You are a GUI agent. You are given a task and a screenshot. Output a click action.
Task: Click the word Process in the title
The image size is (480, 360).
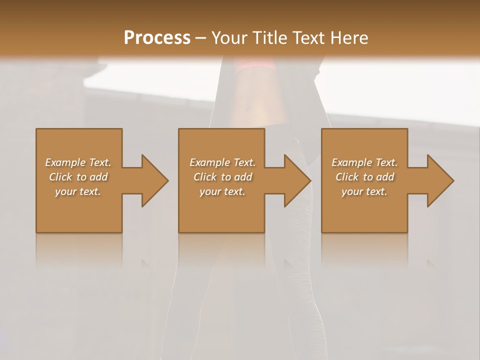(157, 37)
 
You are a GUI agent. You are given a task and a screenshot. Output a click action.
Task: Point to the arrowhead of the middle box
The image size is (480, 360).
(297, 180)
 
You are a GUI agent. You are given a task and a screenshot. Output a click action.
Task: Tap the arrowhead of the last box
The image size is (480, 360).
(440, 180)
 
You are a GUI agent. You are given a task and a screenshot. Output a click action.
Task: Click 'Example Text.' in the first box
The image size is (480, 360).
(78, 162)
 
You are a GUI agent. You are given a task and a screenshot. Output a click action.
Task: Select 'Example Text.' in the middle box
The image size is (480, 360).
(222, 162)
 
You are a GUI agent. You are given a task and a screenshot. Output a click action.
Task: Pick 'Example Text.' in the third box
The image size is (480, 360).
(364, 162)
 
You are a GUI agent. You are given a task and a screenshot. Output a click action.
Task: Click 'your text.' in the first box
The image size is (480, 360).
(78, 191)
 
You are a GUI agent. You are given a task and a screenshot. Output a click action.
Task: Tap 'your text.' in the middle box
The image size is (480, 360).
(222, 191)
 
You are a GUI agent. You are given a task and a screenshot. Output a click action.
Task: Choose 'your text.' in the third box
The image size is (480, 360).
(364, 191)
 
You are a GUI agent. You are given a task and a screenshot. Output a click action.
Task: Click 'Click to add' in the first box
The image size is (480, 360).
(78, 177)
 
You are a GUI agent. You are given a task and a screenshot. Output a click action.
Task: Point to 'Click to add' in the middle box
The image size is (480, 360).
(222, 177)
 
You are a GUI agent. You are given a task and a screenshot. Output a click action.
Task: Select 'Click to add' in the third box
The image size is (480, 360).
(364, 177)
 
